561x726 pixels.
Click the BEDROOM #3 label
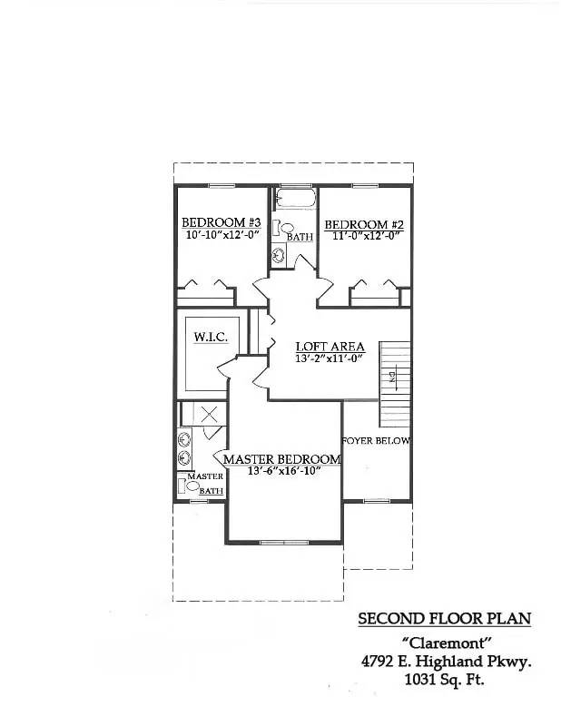tap(221, 222)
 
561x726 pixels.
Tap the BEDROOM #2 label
tap(363, 224)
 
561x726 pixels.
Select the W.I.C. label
tap(210, 338)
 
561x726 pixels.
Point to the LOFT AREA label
tap(330, 347)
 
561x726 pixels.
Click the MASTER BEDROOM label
tap(282, 459)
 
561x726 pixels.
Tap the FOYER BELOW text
tap(376, 441)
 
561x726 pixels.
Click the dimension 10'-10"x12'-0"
tap(222, 234)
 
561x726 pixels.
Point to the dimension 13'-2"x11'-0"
tap(330, 358)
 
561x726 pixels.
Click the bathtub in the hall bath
tap(293, 200)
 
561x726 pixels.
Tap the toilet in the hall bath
tap(285, 228)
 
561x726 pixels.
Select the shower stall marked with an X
tap(208, 415)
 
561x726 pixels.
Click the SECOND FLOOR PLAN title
tap(444, 619)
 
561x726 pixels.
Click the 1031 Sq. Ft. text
tap(445, 680)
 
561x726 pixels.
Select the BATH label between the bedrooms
tap(300, 237)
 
